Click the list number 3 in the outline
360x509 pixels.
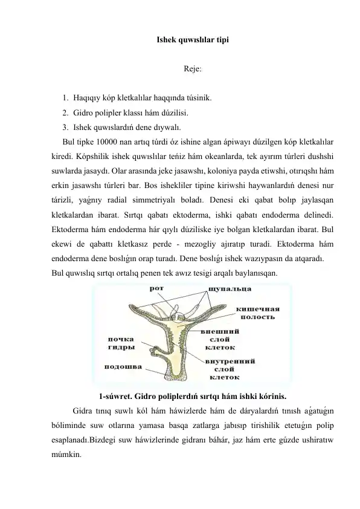click(x=64, y=127)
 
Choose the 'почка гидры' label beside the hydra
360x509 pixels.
click(x=121, y=343)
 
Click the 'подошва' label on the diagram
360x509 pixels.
click(x=124, y=366)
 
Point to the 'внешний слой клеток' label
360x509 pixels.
click(x=222, y=339)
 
